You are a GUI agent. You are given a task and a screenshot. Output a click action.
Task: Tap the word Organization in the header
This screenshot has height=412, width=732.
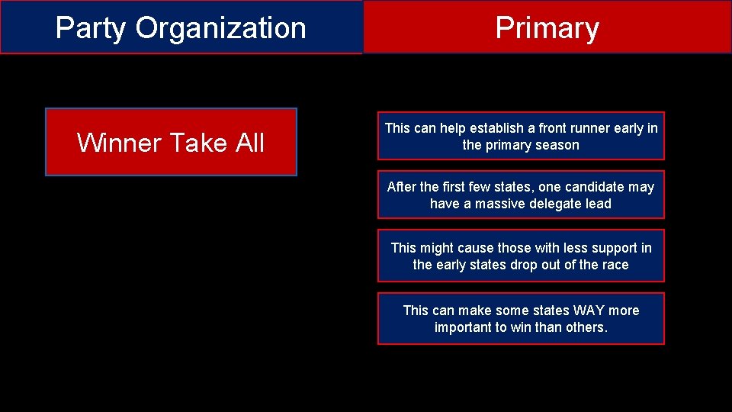(x=221, y=28)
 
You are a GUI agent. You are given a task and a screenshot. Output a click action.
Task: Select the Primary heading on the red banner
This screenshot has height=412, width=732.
(x=547, y=28)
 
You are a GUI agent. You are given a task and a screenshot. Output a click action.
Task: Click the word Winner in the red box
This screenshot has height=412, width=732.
(x=119, y=143)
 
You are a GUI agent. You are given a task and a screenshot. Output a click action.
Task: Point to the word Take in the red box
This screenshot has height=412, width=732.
(x=199, y=143)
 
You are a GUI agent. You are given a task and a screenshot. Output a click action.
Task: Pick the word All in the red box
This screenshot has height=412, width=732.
(x=250, y=143)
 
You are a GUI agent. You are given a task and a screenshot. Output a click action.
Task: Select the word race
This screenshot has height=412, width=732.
(x=615, y=265)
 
